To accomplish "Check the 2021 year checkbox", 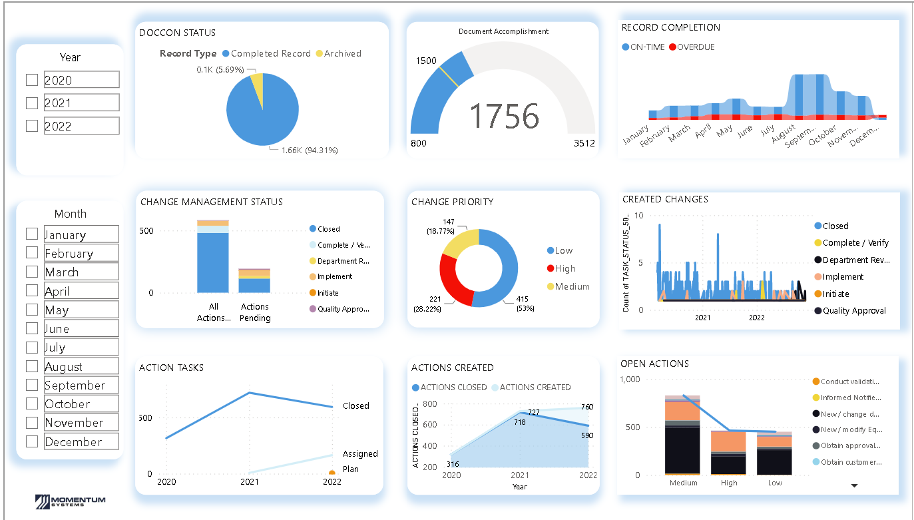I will click(32, 103).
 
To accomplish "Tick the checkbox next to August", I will click(32, 366).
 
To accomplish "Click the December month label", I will click(73, 441).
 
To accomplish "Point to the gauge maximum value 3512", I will click(584, 143).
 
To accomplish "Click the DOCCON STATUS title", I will click(177, 33).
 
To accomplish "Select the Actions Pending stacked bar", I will click(254, 282).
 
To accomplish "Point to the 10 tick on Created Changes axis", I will click(639, 216).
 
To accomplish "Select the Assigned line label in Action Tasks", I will click(360, 454).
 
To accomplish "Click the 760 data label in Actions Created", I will click(586, 407).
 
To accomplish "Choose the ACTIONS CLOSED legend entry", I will click(453, 388).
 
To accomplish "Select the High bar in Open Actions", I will click(728, 453).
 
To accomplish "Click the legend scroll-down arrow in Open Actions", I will click(854, 486).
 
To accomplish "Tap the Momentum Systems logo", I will click(70, 501).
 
